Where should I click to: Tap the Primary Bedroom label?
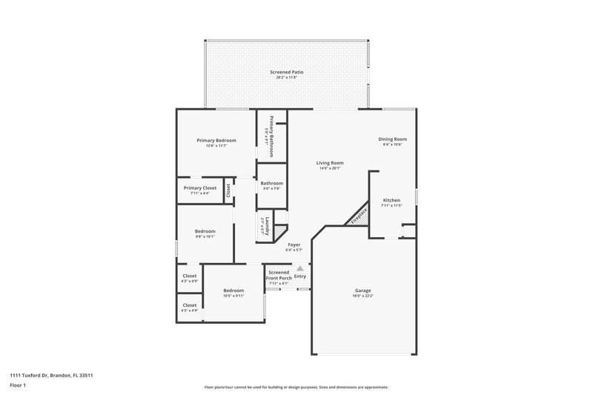tap(216, 140)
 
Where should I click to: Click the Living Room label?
tap(330, 163)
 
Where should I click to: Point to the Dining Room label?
tap(392, 139)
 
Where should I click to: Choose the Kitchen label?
tap(391, 201)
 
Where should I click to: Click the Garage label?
tap(362, 291)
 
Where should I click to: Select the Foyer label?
tap(294, 244)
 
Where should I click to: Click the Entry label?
tap(300, 276)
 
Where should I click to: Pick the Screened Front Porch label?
tap(279, 275)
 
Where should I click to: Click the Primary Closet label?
tap(200, 188)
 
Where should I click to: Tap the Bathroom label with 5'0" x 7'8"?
tap(272, 183)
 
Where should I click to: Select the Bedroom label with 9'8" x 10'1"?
tap(205, 231)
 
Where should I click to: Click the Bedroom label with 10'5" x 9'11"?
tap(233, 290)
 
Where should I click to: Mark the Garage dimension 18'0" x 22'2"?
tap(362, 296)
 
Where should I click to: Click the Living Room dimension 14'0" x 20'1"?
tap(330, 168)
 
